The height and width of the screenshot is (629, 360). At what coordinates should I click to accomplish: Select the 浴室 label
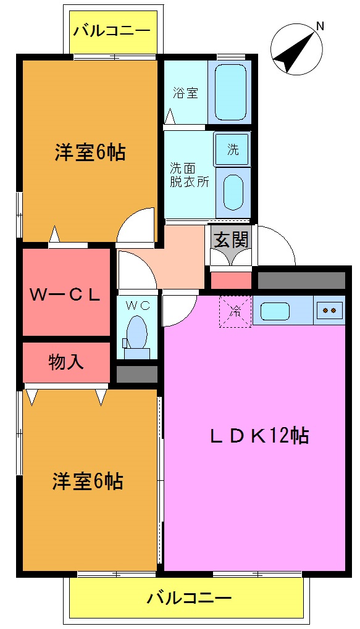185,93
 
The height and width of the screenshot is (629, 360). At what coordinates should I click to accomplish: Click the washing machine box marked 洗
232,149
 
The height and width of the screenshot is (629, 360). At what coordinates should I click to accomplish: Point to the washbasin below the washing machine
233,192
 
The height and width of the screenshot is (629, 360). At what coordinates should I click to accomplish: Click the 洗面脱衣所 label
190,175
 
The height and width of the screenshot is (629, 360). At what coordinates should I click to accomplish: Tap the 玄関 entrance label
231,239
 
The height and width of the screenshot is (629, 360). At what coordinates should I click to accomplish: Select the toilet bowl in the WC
138,333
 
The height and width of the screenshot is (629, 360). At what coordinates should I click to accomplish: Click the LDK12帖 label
259,436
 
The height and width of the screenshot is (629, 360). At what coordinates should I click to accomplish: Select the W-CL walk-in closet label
65,294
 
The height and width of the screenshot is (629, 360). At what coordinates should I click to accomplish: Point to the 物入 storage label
66,362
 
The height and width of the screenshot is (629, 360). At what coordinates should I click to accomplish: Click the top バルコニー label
111,30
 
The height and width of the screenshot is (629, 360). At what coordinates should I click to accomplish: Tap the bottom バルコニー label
190,598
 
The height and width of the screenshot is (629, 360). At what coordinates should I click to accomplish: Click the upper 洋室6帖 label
90,152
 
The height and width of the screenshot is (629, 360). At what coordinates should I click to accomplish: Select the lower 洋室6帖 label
87,480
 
